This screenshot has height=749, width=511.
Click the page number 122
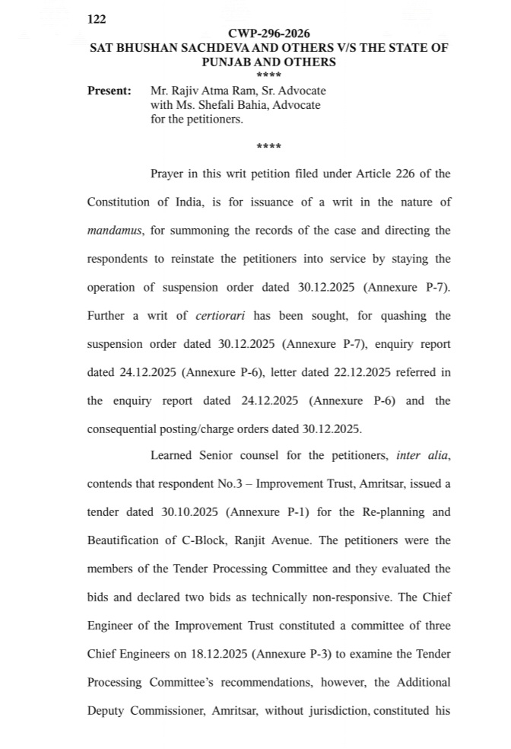point(97,21)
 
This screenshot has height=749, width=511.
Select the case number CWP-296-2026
point(268,34)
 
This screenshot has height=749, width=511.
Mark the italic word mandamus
point(115,230)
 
